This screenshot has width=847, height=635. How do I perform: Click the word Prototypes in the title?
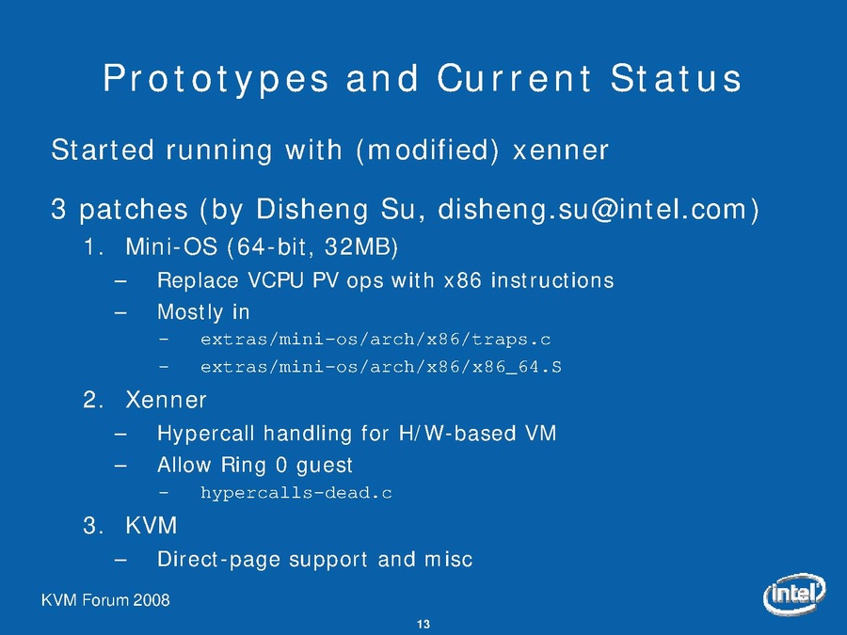tap(216, 79)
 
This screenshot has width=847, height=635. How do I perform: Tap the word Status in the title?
tap(676, 78)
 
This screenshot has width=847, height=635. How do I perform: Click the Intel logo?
tap(794, 594)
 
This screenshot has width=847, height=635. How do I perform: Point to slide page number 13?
tap(423, 625)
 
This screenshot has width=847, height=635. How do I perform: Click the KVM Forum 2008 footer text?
tap(105, 600)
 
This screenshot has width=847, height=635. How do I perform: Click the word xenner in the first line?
tap(560, 151)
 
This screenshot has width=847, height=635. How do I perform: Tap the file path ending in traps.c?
tap(376, 339)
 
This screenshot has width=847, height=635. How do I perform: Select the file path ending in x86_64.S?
tap(381, 367)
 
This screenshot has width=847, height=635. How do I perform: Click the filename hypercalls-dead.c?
tap(296, 492)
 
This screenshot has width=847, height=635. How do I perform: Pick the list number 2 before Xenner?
tap(93, 400)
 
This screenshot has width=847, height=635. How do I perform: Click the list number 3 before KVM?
tap(93, 526)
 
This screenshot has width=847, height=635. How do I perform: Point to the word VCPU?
tap(276, 280)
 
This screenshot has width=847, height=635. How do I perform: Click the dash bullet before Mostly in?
tap(120, 312)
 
